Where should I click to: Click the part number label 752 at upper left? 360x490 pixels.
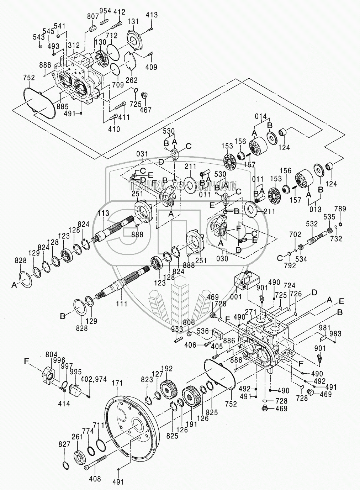[x=29, y=78]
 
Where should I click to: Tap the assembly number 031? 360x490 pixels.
[x=142, y=154]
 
